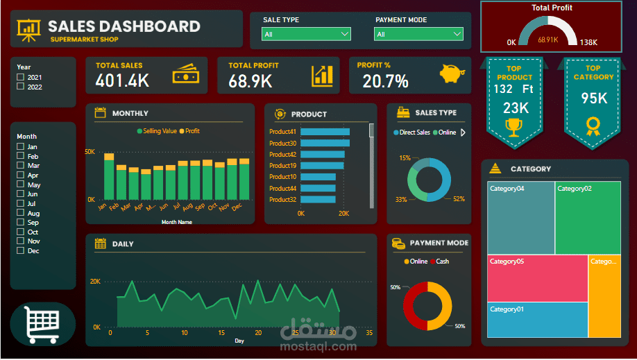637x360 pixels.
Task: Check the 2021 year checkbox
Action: click(x=20, y=77)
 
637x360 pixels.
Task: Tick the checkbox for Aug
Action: click(x=20, y=214)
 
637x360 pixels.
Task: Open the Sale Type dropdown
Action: click(x=306, y=34)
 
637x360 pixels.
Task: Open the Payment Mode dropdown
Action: click(x=418, y=34)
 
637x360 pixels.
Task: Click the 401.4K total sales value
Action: click(x=123, y=81)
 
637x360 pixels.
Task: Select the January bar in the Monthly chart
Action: click(x=109, y=177)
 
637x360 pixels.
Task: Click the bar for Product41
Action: click(x=325, y=132)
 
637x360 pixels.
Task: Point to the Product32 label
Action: click(x=282, y=200)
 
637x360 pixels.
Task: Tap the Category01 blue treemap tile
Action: click(x=537, y=320)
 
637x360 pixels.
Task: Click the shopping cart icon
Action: click(x=42, y=324)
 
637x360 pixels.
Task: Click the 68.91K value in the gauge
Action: click(x=547, y=40)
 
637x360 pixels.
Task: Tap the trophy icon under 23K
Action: click(x=514, y=127)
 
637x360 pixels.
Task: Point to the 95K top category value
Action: click(x=594, y=99)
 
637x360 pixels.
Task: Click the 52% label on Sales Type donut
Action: click(x=459, y=199)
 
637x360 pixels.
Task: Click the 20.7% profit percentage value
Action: click(x=385, y=82)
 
